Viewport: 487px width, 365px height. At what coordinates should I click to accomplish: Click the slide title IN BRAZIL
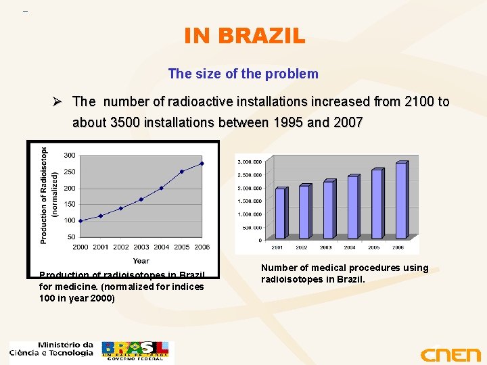(244, 35)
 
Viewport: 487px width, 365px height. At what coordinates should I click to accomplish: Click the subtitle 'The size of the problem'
(243, 74)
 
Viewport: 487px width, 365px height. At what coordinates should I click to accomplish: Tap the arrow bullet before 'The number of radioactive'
(59, 101)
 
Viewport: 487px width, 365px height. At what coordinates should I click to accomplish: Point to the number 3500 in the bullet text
(125, 122)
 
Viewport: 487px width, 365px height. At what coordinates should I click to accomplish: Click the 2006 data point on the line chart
(202, 163)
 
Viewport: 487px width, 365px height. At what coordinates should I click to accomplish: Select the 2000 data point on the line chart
(80, 220)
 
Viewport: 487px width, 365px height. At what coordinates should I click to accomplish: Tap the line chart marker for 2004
(161, 188)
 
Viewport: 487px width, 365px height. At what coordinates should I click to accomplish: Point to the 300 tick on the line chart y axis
(69, 155)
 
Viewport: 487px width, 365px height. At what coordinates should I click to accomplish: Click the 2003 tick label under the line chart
(141, 247)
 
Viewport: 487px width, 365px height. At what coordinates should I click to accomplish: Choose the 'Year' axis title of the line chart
(141, 260)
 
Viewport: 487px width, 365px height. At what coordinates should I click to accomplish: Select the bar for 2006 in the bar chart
(400, 199)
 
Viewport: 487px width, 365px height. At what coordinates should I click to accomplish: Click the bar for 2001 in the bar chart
(280, 213)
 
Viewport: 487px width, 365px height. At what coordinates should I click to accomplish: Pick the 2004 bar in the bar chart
(352, 207)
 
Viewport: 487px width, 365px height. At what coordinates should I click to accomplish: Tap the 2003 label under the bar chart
(328, 247)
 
